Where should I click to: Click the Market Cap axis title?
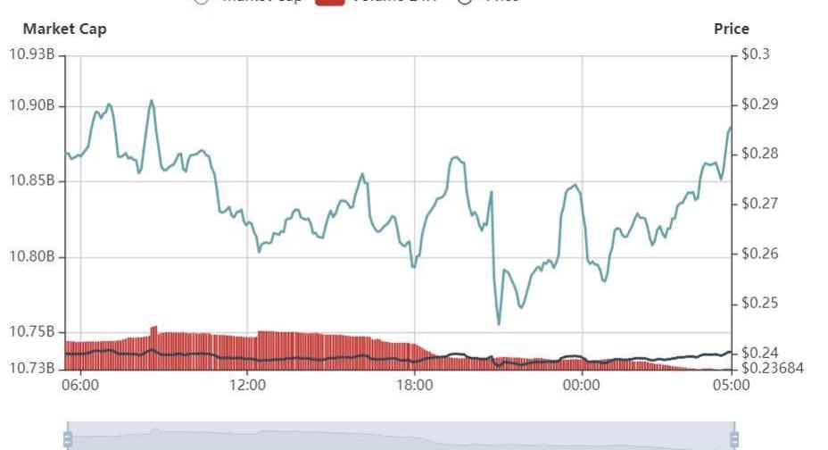point(64,29)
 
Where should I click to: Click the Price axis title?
point(731,29)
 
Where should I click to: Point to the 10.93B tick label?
point(32,55)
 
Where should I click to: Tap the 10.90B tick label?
point(32,106)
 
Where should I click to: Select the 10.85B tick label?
point(32,181)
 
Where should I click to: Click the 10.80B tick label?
point(32,257)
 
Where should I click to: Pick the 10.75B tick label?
point(32,332)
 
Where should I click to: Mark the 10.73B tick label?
point(32,368)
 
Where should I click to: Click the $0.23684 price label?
point(773,368)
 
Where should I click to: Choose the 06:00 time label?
point(80,386)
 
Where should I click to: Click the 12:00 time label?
point(248,386)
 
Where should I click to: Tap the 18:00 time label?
point(415,386)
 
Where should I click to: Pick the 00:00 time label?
point(582,386)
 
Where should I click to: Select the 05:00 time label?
point(731,386)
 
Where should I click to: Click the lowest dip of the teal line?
point(499,324)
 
